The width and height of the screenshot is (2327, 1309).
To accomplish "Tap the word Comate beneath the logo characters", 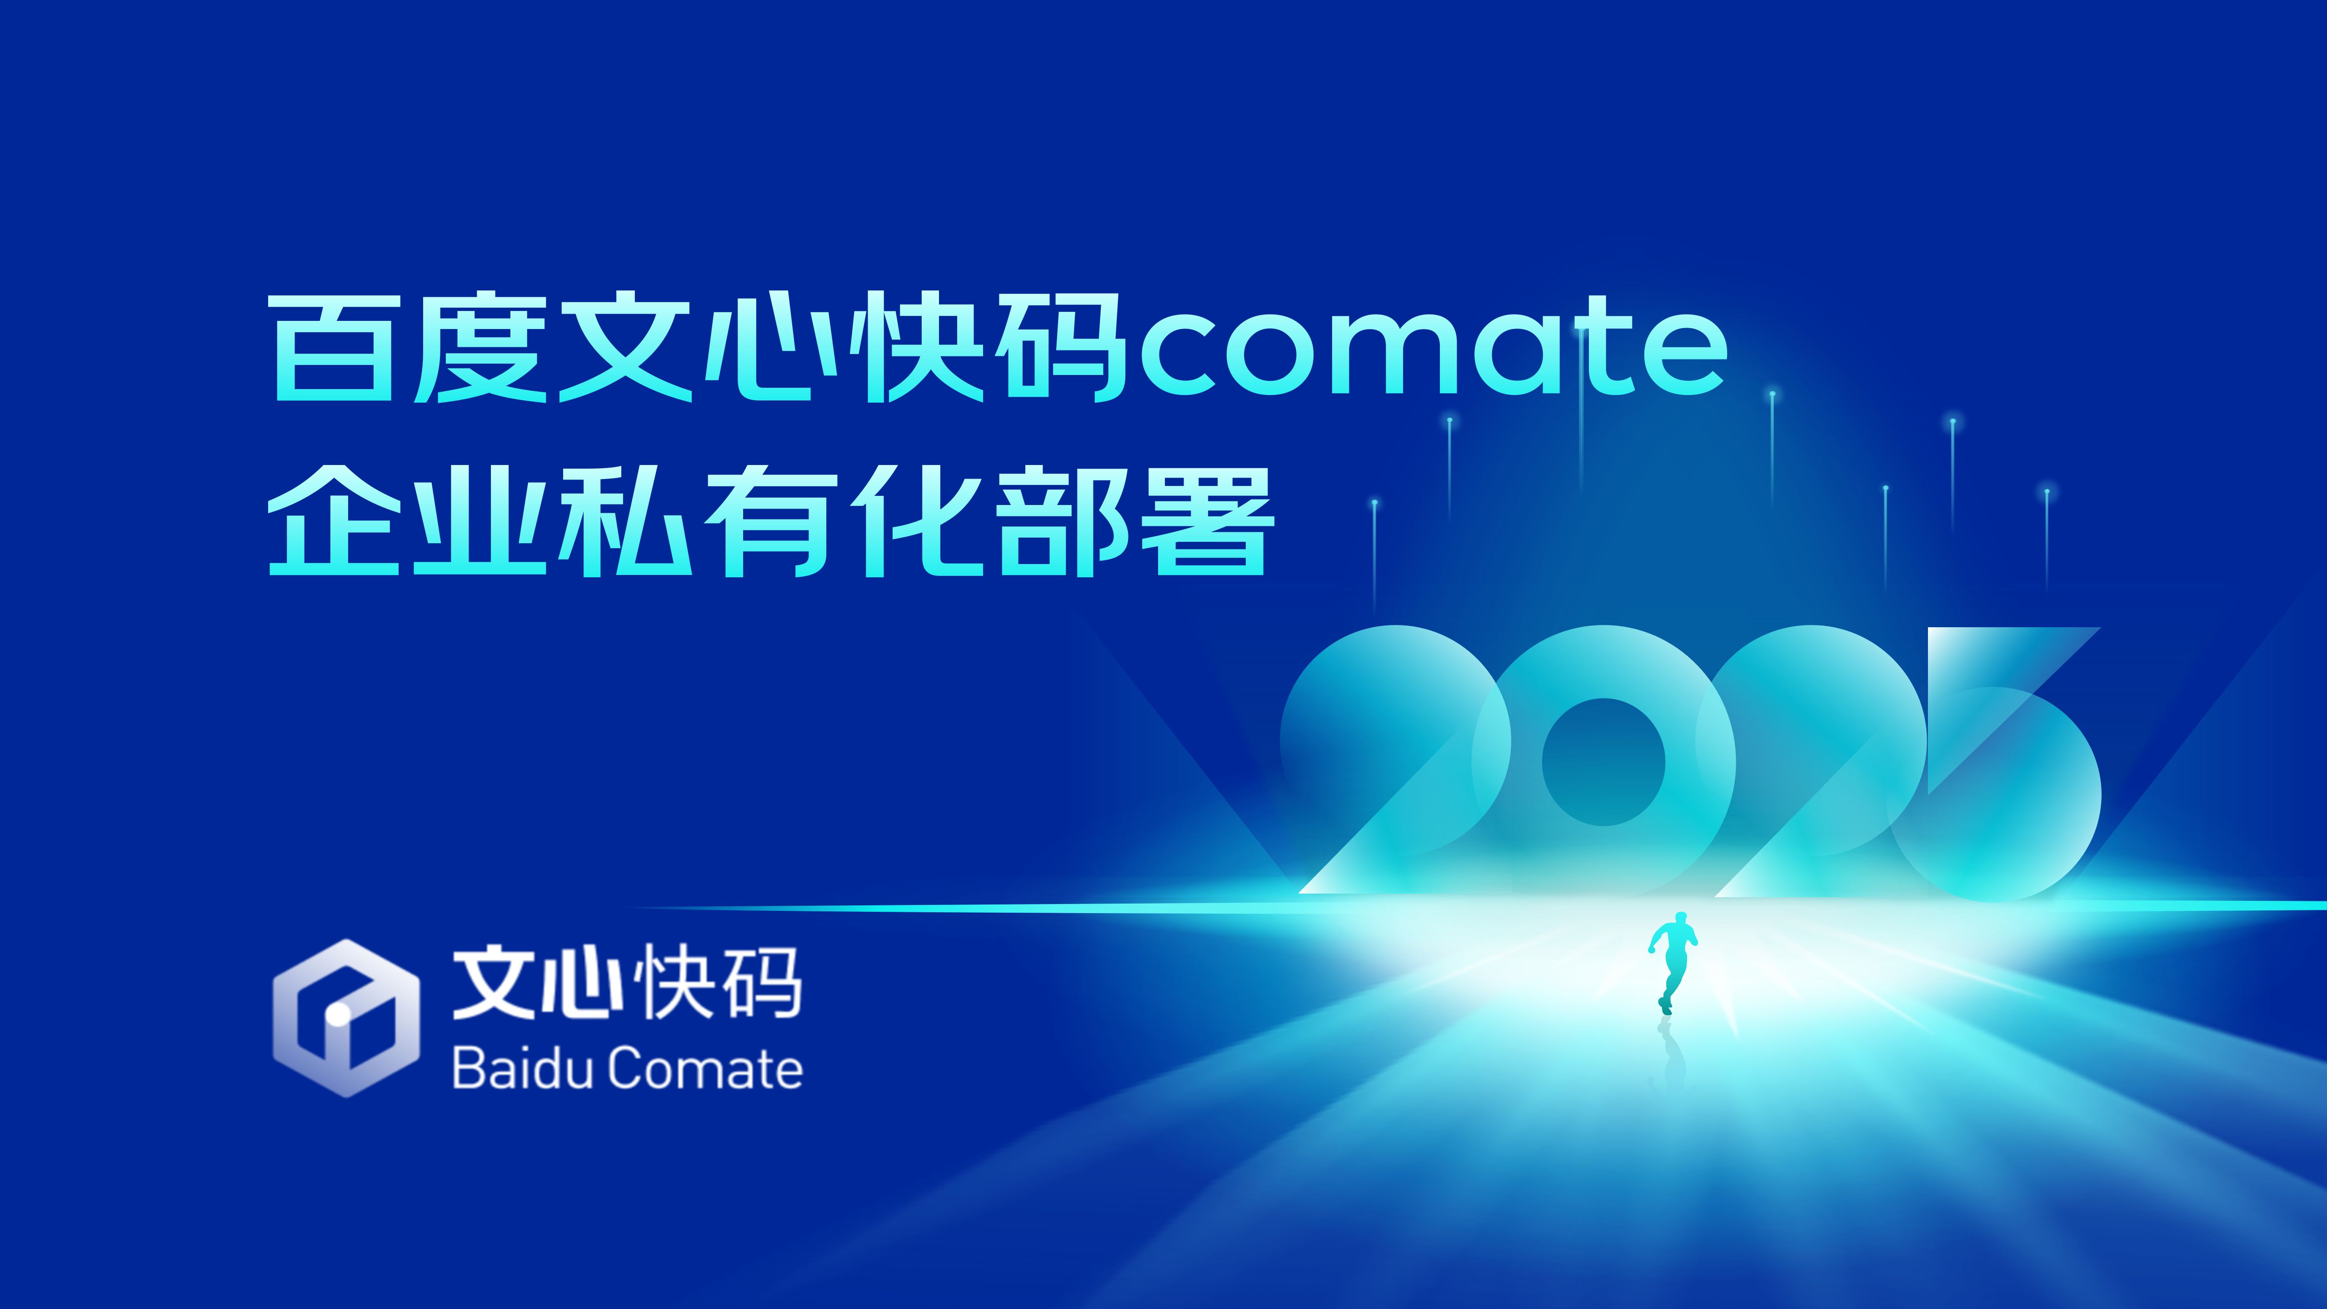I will pyautogui.click(x=704, y=1069).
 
